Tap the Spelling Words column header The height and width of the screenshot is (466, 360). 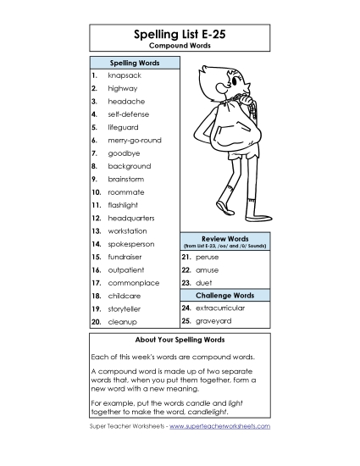(x=135, y=64)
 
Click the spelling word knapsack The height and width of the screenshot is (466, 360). (x=125, y=75)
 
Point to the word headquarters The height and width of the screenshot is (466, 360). (x=131, y=218)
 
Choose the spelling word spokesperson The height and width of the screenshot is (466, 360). (x=131, y=244)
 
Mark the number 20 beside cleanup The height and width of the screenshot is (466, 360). (x=97, y=322)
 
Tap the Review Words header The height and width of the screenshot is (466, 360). (x=224, y=238)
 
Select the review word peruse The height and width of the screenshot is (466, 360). (x=207, y=257)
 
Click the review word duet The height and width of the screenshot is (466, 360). (x=204, y=283)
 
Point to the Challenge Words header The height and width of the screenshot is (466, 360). (x=224, y=296)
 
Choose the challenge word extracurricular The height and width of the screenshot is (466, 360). (x=219, y=308)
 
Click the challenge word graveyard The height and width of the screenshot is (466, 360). (x=213, y=322)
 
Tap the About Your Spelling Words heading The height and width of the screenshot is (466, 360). (x=180, y=339)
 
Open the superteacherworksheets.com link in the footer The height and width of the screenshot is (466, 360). (x=219, y=426)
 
